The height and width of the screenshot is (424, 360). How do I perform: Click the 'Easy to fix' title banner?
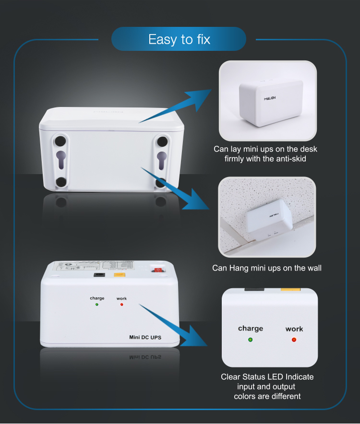pyautogui.click(x=179, y=39)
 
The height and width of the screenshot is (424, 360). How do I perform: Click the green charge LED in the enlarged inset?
pyautogui.click(x=250, y=340)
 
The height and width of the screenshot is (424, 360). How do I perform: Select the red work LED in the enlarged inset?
pyautogui.click(x=294, y=340)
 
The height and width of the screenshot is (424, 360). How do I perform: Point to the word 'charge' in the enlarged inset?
pyautogui.click(x=250, y=329)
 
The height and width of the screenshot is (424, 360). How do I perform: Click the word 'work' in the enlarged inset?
pyautogui.click(x=294, y=329)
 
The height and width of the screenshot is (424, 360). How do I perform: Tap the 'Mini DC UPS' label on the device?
pyautogui.click(x=145, y=338)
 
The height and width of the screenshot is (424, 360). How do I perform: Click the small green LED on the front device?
pyautogui.click(x=97, y=305)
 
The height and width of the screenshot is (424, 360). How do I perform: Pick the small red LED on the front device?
pyautogui.click(x=121, y=305)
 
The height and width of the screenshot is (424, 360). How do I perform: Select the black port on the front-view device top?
pyautogui.click(x=99, y=275)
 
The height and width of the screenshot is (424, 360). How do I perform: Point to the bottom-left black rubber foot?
pyautogui.click(x=61, y=182)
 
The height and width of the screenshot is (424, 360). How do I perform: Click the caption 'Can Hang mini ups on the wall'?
pyautogui.click(x=267, y=268)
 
